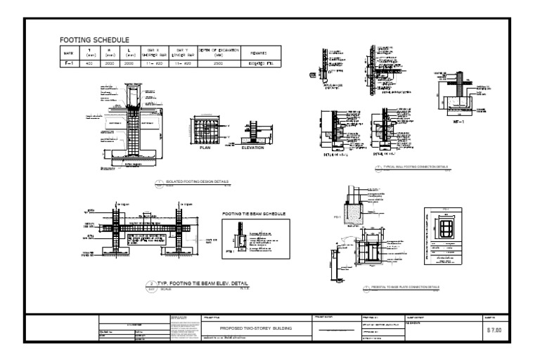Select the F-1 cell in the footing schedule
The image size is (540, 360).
click(x=69, y=63)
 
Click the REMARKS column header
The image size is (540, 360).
click(x=259, y=52)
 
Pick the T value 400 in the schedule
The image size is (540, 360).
click(x=89, y=63)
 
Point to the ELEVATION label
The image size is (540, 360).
click(x=252, y=148)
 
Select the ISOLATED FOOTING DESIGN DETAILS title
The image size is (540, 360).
click(x=197, y=182)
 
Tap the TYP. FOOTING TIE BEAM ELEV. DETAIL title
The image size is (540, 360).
click(x=200, y=283)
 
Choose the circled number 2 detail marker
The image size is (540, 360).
click(x=150, y=284)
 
